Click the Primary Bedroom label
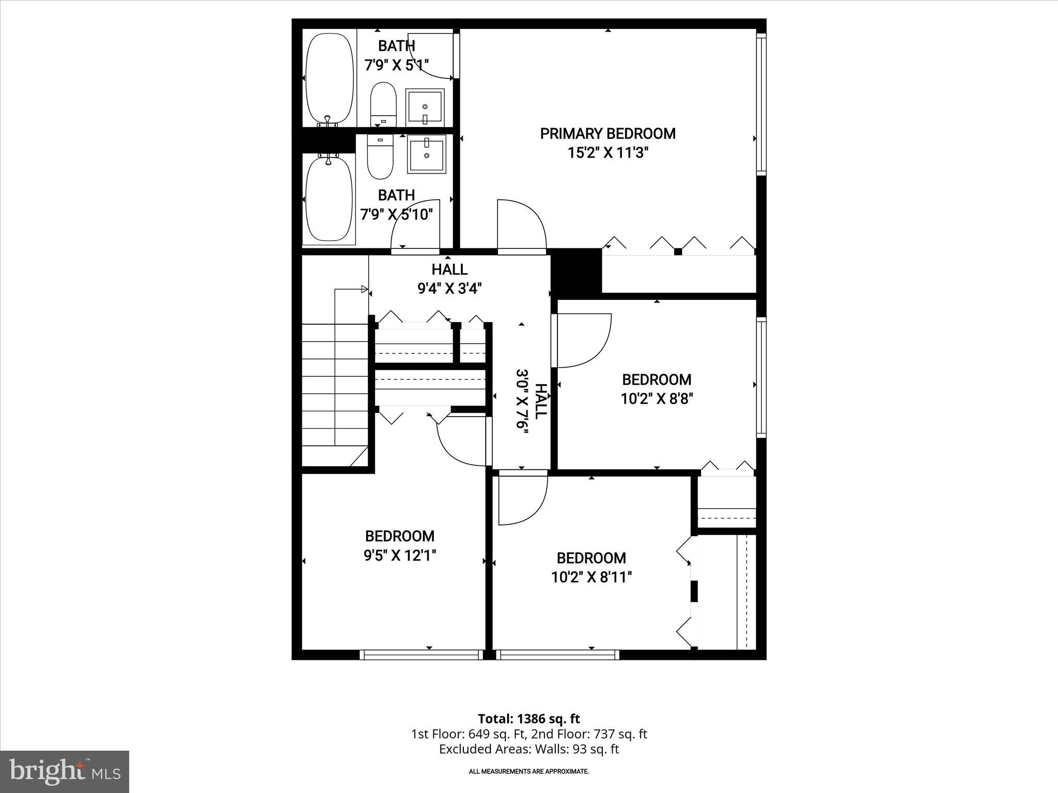(608, 134)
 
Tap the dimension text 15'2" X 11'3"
(608, 153)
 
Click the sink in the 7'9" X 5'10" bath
(426, 154)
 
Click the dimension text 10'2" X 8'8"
(657, 399)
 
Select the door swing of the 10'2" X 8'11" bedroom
(522, 499)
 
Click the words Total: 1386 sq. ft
(528, 719)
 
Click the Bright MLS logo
(65, 771)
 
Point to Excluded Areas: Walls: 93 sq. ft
(528, 749)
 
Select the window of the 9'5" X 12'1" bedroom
(421, 655)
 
